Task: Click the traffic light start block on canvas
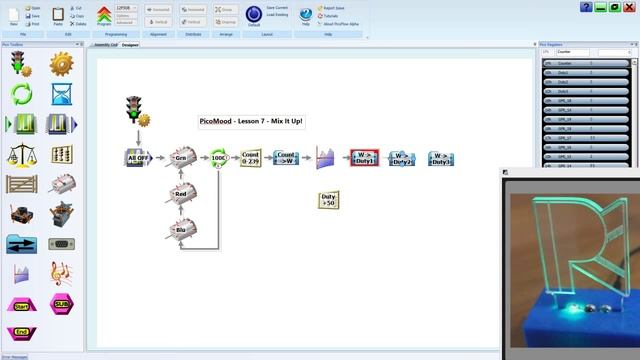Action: click(135, 111)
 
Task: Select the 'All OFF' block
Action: click(139, 158)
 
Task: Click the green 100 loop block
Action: click(218, 158)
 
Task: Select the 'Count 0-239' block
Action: click(251, 158)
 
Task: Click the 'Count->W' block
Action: click(286, 157)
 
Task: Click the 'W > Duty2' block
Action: click(401, 158)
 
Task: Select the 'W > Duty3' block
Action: click(441, 158)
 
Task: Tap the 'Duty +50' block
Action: click(328, 200)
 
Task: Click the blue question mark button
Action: click(586, 7)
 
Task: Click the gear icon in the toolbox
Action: click(61, 64)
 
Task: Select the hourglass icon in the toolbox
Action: click(61, 94)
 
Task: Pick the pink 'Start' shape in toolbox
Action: click(21, 304)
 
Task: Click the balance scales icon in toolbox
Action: click(21, 154)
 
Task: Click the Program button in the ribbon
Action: click(104, 15)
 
